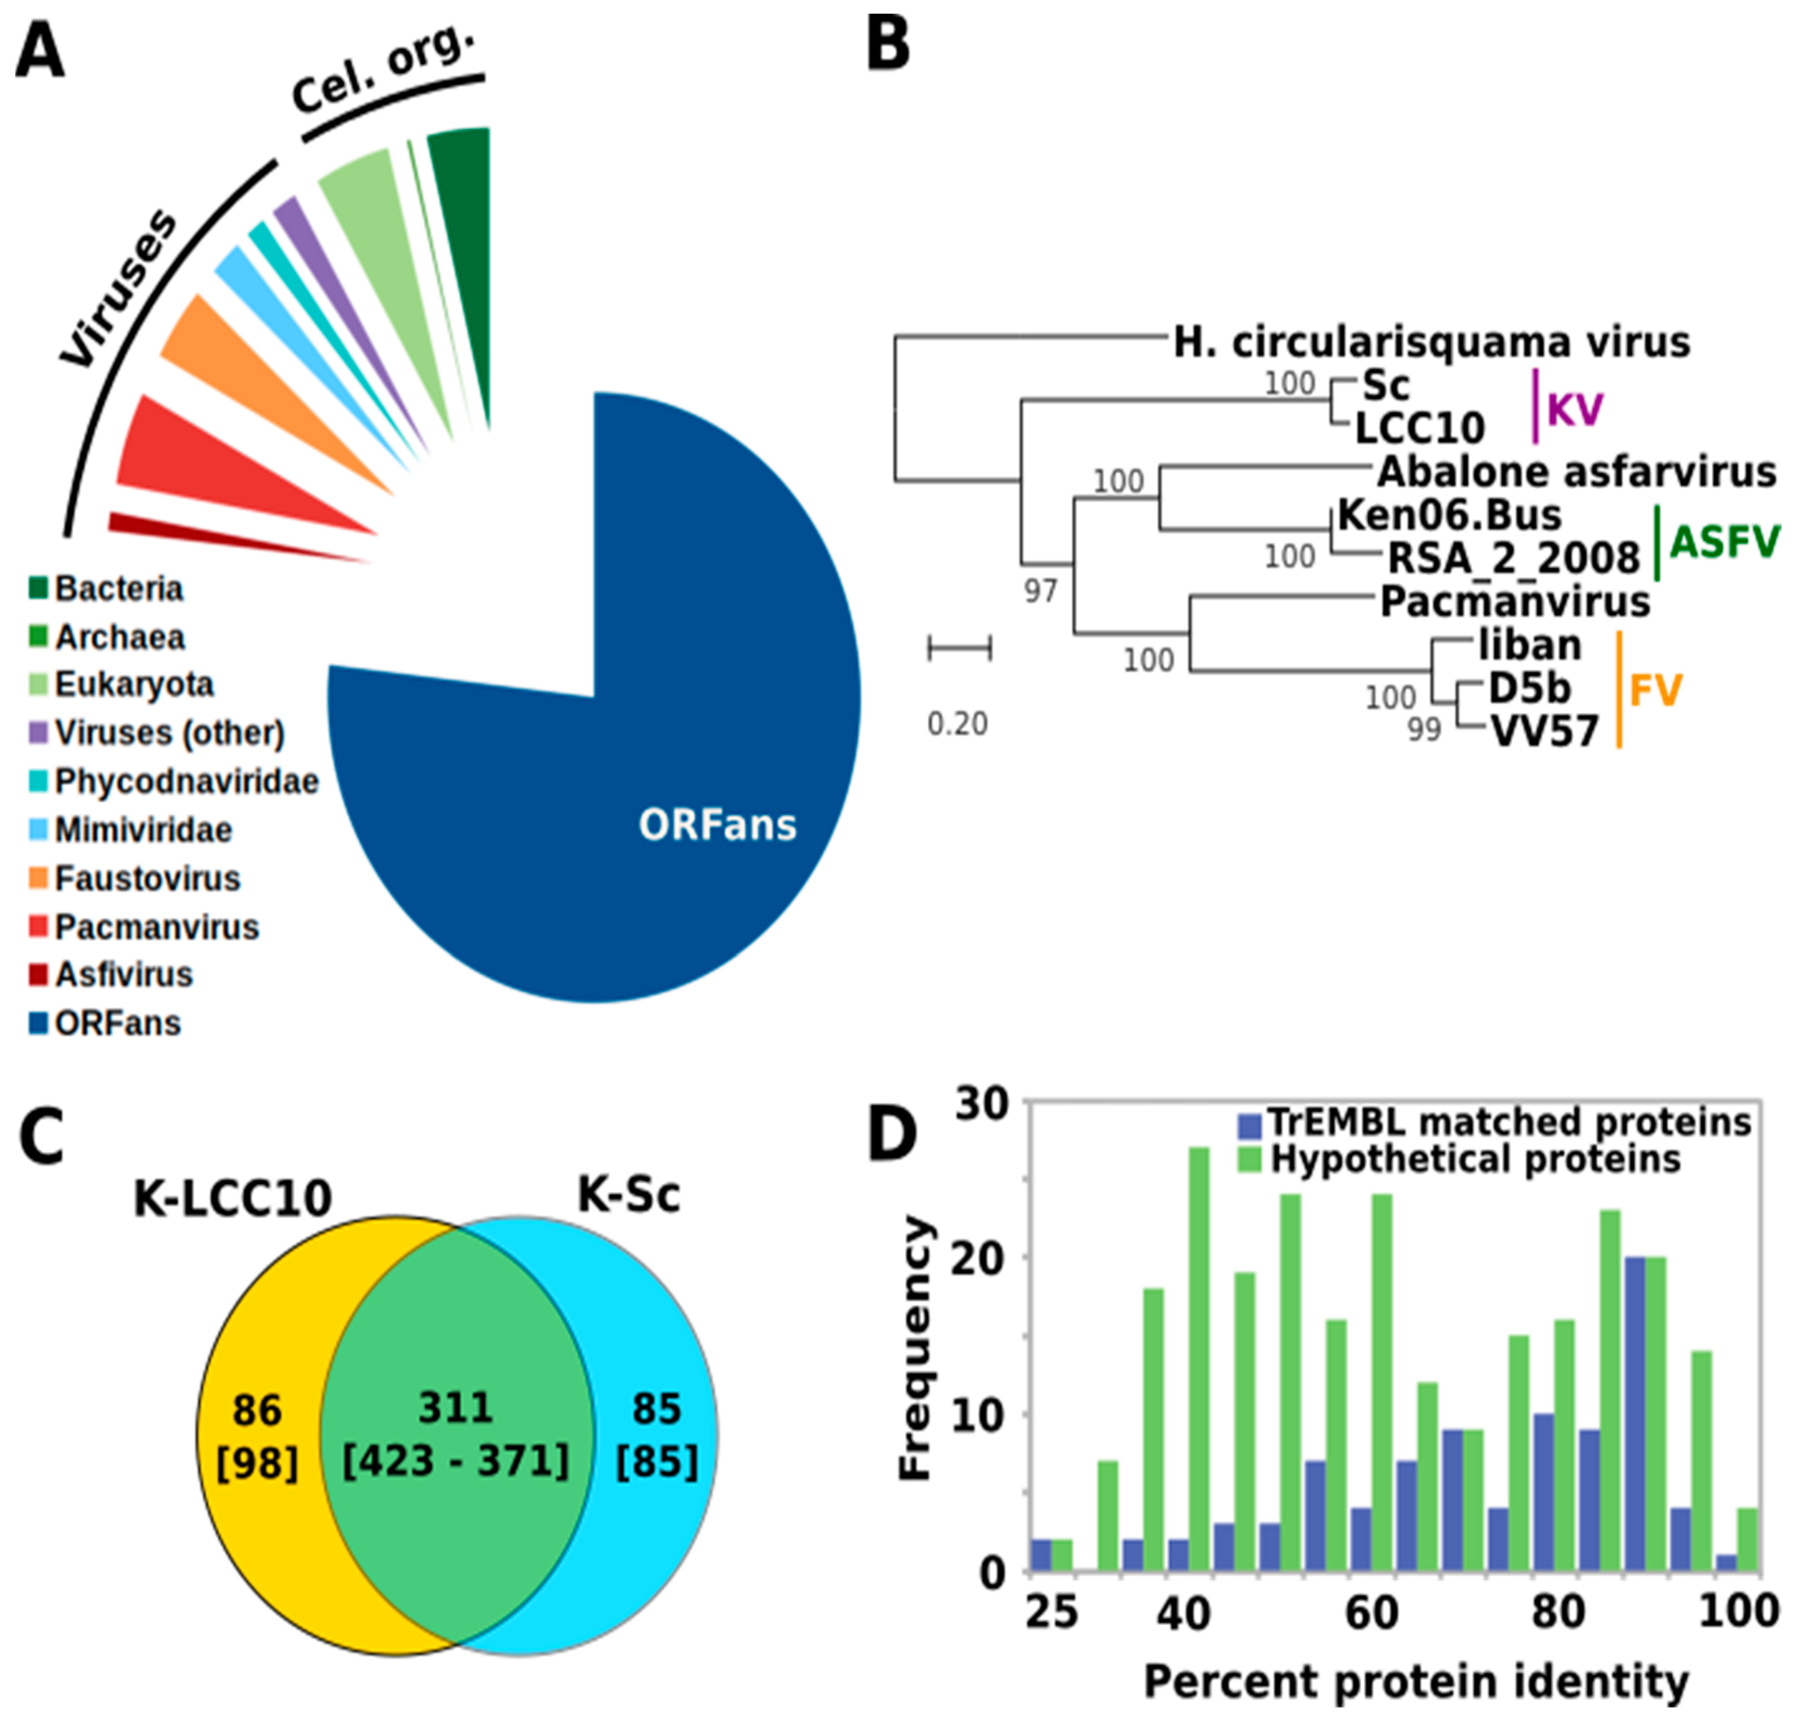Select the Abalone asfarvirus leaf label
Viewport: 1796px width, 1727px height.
1576,473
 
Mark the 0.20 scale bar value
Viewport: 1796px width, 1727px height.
958,725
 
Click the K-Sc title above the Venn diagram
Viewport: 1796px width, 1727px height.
629,1195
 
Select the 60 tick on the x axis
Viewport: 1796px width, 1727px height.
1372,1613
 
